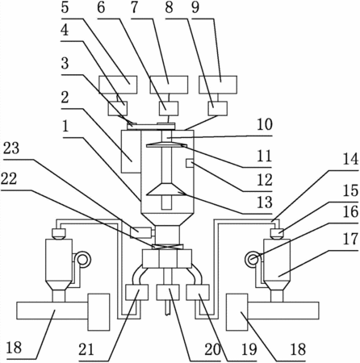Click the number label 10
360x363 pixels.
pyautogui.click(x=265, y=124)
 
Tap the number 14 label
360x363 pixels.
pyautogui.click(x=350, y=159)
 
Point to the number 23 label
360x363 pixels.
pyautogui.click(x=11, y=148)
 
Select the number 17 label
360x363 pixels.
pyautogui.click(x=350, y=239)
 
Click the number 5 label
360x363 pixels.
pyautogui.click(x=65, y=7)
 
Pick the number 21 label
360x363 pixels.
pyautogui.click(x=86, y=349)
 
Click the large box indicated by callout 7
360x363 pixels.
pyautogui.click(x=169, y=85)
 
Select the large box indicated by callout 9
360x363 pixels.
pyautogui.click(x=218, y=85)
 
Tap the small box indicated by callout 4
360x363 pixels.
pyautogui.click(x=118, y=109)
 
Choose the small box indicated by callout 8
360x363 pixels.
pyautogui.click(x=218, y=109)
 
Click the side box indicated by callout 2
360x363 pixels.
pyautogui.click(x=131, y=152)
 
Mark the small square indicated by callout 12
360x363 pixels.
pyautogui.click(x=190, y=163)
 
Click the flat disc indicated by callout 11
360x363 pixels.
pyautogui.click(x=166, y=145)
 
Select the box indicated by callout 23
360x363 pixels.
pyautogui.click(x=140, y=232)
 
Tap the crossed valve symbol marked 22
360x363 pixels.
pyautogui.click(x=167, y=247)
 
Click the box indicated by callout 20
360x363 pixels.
pyautogui.click(x=168, y=293)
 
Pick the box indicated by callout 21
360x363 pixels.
pyautogui.click(x=137, y=293)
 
